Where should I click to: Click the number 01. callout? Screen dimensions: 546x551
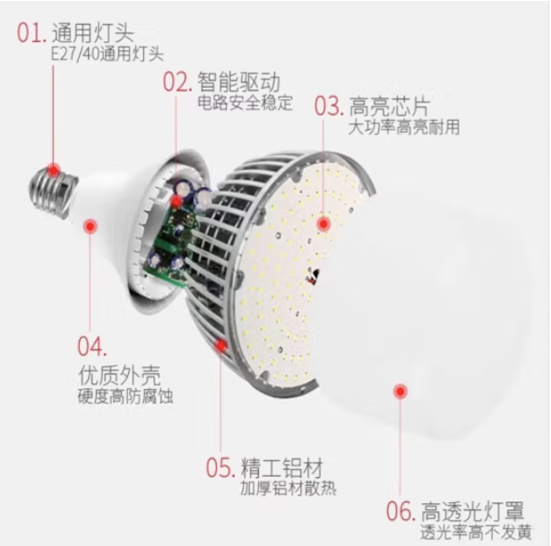coord(31,34)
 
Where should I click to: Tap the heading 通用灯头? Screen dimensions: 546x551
coord(92,34)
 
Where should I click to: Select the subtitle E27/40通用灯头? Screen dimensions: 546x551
coord(107,55)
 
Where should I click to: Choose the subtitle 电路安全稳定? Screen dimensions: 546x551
coord(245,103)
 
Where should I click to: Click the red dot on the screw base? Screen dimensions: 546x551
coord(54,168)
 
